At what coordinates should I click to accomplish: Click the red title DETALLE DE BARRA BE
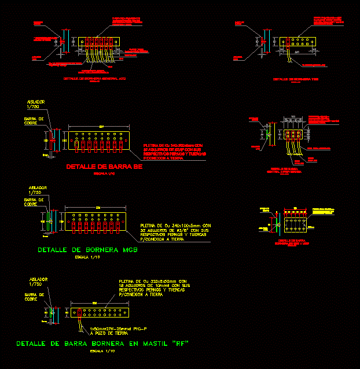[x=104, y=167]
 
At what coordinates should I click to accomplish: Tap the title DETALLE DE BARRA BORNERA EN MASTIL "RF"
[x=102, y=344]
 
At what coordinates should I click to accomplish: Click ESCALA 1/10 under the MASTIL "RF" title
[x=102, y=351]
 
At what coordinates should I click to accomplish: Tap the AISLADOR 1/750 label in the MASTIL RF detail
[x=38, y=282]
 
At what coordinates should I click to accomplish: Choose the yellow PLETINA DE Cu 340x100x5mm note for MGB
[x=175, y=232]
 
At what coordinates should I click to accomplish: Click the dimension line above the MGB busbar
[x=97, y=208]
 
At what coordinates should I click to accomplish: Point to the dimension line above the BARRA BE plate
[x=102, y=127]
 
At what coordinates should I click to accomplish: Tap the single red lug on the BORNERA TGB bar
[x=288, y=42]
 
